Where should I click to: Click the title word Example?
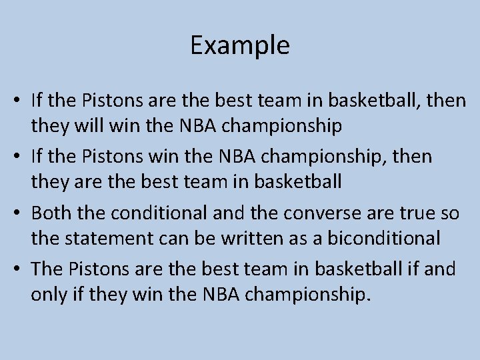(x=240, y=45)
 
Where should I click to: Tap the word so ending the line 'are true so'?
(x=451, y=213)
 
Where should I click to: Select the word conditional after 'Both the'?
(x=151, y=213)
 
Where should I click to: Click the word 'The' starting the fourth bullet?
(x=47, y=269)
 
